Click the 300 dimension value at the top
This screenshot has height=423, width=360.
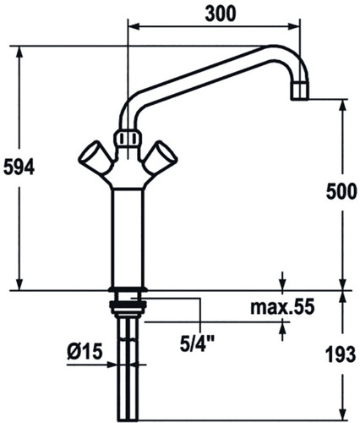coord(220,14)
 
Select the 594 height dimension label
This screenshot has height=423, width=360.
coord(19,167)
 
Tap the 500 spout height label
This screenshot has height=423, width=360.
coord(341,191)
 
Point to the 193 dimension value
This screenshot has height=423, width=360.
coord(341,354)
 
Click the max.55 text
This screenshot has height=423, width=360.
coord(282,307)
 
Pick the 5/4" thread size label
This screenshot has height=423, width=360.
coord(197,344)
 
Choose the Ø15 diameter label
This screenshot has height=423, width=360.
coord(85,352)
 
